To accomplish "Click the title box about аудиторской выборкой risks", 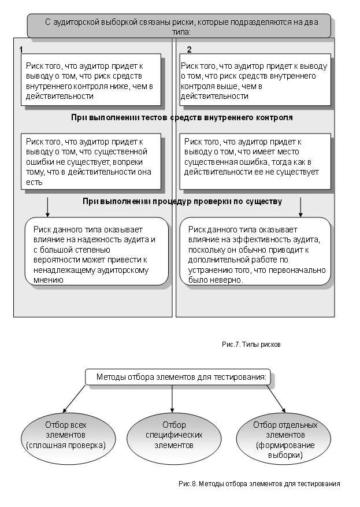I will [180, 27].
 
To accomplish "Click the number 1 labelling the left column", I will [21, 50].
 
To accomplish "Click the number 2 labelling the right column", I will [189, 50].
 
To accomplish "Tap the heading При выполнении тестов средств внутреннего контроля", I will [181, 117].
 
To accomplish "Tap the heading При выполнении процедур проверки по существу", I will [181, 202].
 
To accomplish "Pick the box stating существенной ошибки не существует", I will [90, 161].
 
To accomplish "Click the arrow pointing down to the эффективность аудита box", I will [300, 206].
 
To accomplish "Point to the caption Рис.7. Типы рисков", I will [251, 344].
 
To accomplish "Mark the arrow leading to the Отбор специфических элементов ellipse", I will [172, 399].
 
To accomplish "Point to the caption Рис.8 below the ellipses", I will [258, 482].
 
